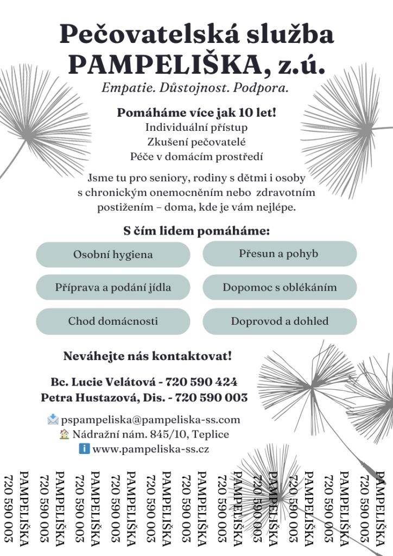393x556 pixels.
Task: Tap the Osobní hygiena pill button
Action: pyautogui.click(x=113, y=254)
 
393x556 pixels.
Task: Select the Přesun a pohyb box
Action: pyautogui.click(x=279, y=254)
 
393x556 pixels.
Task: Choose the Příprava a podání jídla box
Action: pyautogui.click(x=113, y=287)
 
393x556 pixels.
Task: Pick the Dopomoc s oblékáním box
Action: pyautogui.click(x=279, y=287)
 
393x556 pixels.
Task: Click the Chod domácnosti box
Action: pyautogui.click(x=113, y=321)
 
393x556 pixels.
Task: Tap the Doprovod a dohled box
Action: pyautogui.click(x=279, y=321)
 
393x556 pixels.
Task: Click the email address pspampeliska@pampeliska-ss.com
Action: pyautogui.click(x=150, y=420)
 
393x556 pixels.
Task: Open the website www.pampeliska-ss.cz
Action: pyautogui.click(x=150, y=449)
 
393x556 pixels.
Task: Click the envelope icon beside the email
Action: pyautogui.click(x=53, y=419)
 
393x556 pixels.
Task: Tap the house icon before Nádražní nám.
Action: pyautogui.click(x=65, y=434)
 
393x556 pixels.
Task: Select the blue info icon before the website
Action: pyautogui.click(x=84, y=449)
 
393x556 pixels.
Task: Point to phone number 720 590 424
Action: pyautogui.click(x=201, y=382)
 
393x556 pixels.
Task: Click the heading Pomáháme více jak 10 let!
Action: pyautogui.click(x=196, y=113)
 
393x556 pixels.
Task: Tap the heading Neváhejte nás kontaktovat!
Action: pyautogui.click(x=148, y=357)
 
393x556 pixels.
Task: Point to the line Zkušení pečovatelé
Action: pyautogui.click(x=196, y=142)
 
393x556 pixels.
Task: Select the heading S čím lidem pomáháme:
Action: pyautogui.click(x=196, y=231)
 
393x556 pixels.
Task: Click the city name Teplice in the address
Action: pyautogui.click(x=211, y=434)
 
